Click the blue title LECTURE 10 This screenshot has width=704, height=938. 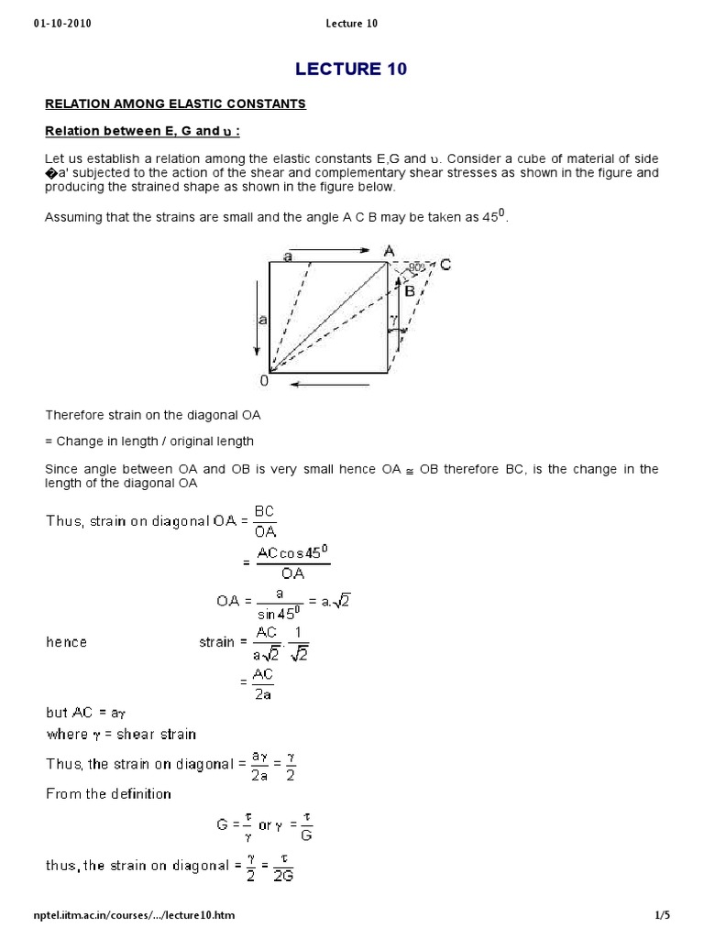click(x=351, y=69)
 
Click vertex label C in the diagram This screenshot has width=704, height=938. click(x=445, y=264)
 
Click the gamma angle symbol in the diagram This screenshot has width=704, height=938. click(x=394, y=322)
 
